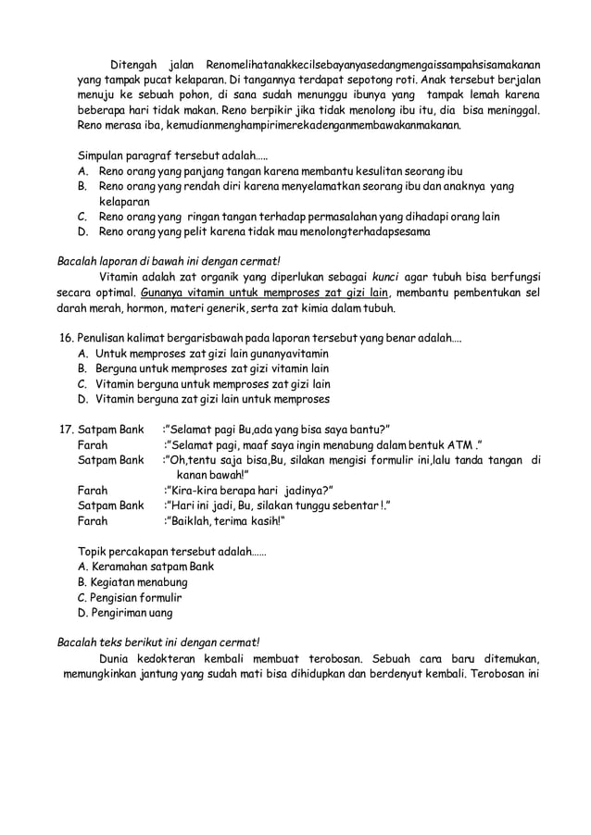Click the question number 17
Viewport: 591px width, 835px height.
(x=66, y=429)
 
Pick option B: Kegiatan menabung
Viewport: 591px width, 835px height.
(x=132, y=582)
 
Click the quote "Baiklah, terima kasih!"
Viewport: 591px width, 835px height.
(x=224, y=521)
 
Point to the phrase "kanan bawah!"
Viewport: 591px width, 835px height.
(x=212, y=474)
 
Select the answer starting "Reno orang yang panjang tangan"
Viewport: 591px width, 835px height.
(x=269, y=171)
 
